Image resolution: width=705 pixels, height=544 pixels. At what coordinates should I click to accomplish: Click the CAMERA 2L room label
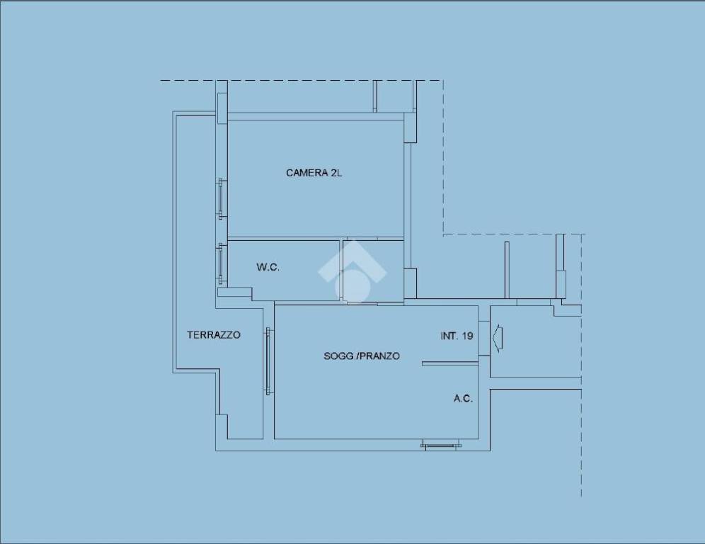pos(314,173)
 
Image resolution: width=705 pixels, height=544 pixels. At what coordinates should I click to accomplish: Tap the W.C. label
pos(268,267)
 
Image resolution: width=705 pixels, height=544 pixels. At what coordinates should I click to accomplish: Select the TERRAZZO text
pos(214,335)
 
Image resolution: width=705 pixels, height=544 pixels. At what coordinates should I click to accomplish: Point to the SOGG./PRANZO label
pos(362,356)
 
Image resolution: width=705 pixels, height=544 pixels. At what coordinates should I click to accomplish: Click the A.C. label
pos(463,398)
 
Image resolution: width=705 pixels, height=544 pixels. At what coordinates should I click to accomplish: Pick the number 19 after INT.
pos(468,336)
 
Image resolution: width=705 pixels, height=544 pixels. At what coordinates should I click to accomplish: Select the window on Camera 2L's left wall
pos(222,198)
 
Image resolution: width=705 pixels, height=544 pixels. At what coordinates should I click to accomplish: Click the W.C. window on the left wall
pos(221,263)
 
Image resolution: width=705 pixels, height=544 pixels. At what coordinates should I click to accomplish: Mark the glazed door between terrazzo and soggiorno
pos(268,361)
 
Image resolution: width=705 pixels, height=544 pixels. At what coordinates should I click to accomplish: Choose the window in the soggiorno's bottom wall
pos(441,446)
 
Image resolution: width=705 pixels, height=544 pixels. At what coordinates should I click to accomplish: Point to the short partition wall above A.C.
pos(449,363)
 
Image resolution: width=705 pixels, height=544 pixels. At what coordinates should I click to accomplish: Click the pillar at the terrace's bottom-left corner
pos(222,426)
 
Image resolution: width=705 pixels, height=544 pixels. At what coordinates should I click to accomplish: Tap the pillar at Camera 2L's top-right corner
pos(410,127)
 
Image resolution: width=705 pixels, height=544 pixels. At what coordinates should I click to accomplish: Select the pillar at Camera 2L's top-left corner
pos(222,108)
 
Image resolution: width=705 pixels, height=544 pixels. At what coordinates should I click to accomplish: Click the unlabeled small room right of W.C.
pos(373,271)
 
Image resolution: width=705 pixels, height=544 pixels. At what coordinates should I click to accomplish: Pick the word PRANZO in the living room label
pos(381,356)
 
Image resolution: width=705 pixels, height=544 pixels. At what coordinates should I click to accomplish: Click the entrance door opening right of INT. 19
pos(483,339)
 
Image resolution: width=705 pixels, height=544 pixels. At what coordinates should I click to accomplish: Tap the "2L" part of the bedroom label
pos(336,173)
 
